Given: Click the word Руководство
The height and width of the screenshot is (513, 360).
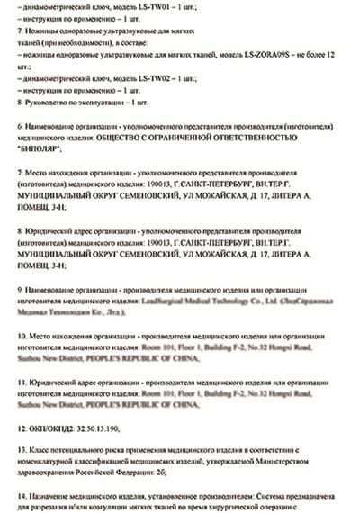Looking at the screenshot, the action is point(48,103).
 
